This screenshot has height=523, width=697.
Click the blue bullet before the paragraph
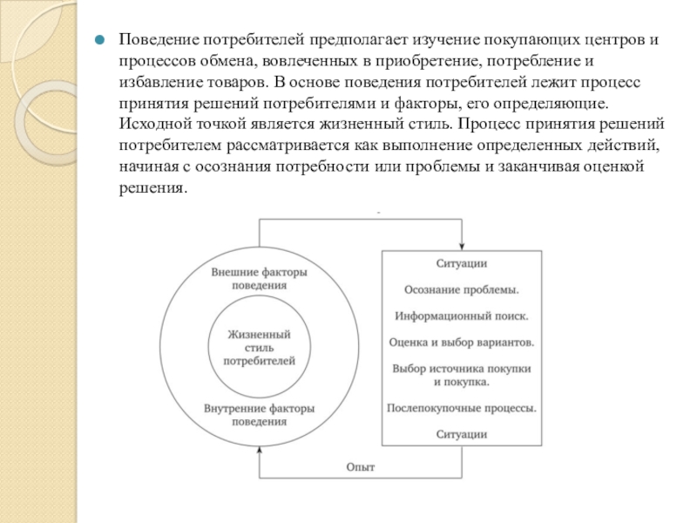point(101,41)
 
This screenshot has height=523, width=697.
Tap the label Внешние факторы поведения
point(259,279)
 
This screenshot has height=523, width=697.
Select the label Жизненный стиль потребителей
point(259,347)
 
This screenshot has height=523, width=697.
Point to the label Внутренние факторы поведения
point(259,415)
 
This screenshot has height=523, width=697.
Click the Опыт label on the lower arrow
point(360,467)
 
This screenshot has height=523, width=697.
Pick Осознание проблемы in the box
point(462,289)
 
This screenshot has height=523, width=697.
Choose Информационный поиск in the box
point(462,316)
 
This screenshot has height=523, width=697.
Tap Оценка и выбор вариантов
point(462,343)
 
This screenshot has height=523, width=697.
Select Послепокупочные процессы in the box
point(462,407)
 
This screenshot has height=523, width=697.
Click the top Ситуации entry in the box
point(462,262)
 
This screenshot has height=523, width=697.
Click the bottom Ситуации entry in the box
point(462,433)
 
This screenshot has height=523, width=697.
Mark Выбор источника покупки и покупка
point(462,375)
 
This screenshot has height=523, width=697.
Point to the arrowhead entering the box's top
point(461,247)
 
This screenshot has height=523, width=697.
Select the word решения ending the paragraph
point(152,187)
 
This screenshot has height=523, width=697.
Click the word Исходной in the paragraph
point(152,123)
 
